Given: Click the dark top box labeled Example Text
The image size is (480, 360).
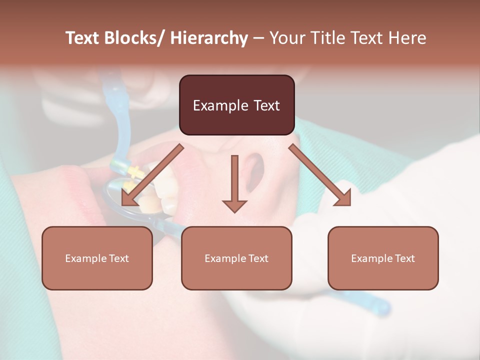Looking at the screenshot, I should coord(236,105).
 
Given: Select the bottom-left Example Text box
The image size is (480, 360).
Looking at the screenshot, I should coord(97,258).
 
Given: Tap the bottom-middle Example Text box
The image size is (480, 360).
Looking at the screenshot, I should coord(236,258).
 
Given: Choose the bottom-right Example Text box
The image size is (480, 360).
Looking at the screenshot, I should coord(383,258).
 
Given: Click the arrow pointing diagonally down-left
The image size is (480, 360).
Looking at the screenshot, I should coord(152,175).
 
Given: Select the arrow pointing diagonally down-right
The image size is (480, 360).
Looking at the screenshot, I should coord(320,175).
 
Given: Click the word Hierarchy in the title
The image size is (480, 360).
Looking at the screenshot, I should coord(209,38).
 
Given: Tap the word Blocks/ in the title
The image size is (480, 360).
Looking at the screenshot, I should coord(134,38).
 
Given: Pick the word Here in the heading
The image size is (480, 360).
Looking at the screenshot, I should coord(407,38).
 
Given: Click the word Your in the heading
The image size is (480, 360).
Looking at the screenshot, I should coord(286,38).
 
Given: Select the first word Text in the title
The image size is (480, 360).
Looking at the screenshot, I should coord(83,38).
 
